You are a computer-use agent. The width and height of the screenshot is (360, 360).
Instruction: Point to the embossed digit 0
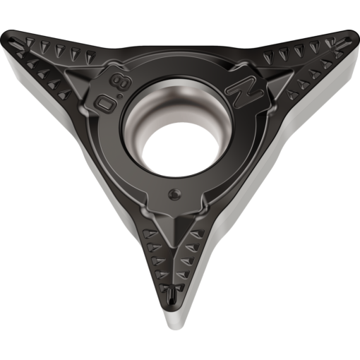(107, 104)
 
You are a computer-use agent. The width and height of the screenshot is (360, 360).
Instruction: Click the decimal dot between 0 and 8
(120, 96)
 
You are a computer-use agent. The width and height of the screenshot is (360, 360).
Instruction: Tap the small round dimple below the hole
(174, 194)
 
